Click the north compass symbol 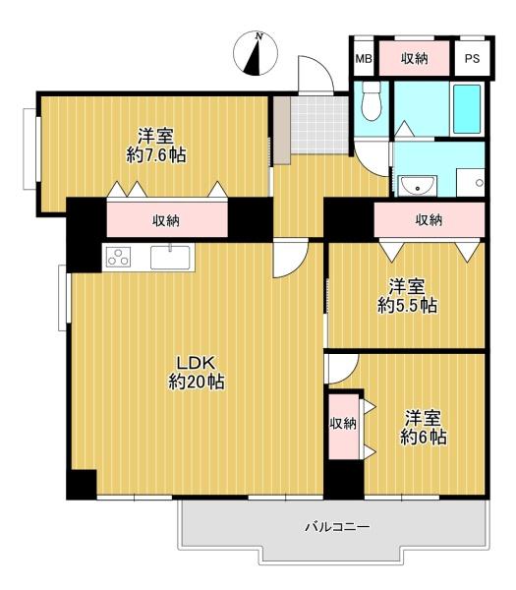coord(256,54)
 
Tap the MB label coord(364,59)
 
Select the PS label coord(472,59)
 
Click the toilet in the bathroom coord(372,101)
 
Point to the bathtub coord(467,109)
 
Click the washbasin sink coord(417,186)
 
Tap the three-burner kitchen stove coord(118,257)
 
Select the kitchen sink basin coord(170,258)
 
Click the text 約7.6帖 coord(156,155)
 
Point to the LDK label coord(196,364)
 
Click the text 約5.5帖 coord(407,306)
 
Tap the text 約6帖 coord(423,438)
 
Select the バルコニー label coord(337,526)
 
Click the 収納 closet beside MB coord(414,58)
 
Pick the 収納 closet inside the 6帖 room coord(344,427)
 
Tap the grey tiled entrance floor coord(319,125)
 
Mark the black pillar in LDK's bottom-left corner coord(82,485)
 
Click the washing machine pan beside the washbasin coord(470,183)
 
